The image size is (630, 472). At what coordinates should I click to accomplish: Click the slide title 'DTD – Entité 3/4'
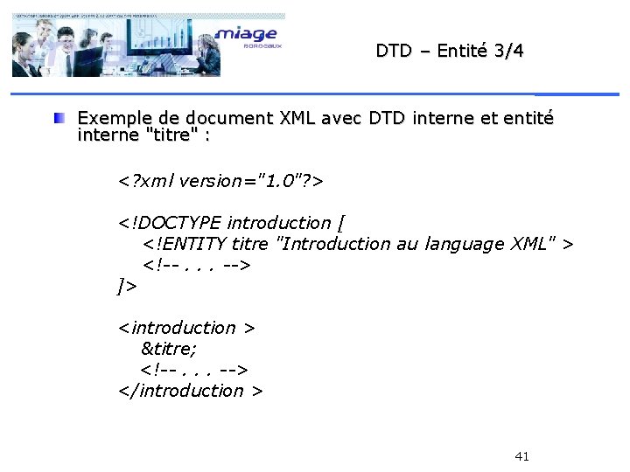tap(450, 51)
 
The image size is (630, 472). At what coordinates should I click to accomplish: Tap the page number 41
tap(522, 456)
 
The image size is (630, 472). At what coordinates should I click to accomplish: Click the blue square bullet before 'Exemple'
tap(59, 117)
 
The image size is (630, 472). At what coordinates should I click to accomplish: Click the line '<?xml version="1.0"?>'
tap(221, 181)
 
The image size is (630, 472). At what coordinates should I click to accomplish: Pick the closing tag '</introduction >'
tap(191, 391)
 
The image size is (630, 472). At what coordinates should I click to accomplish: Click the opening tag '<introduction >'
tap(187, 328)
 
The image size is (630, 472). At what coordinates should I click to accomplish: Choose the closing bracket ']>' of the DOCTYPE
tap(128, 285)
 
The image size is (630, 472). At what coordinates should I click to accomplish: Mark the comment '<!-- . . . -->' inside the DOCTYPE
tap(198, 265)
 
